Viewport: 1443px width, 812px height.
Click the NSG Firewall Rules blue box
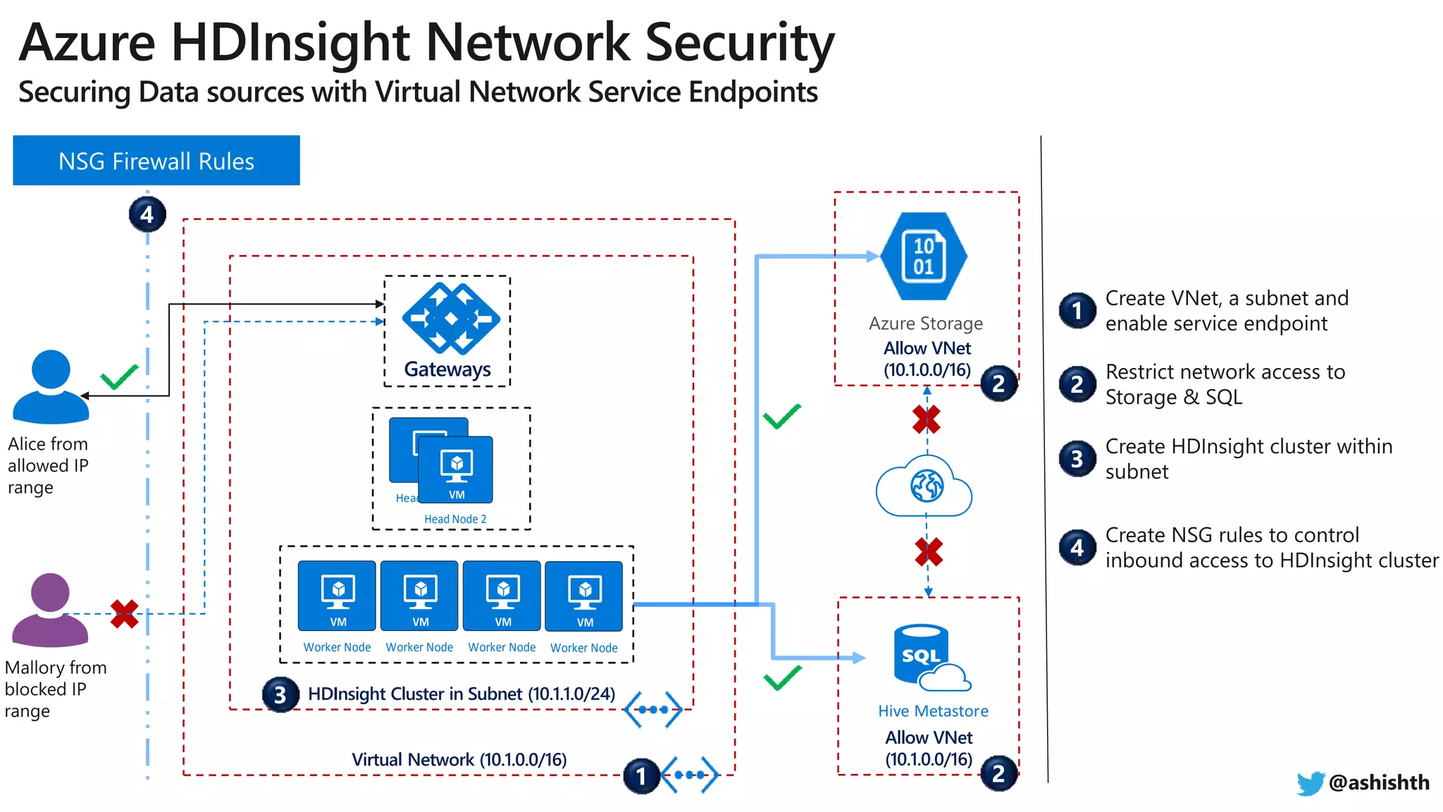156,161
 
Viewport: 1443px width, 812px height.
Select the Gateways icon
451,319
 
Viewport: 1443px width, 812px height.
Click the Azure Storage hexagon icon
924,257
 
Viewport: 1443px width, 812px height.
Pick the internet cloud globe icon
924,486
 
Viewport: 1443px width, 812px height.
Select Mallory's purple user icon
50,610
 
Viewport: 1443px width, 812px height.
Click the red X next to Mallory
125,614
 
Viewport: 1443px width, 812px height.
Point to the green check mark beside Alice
119,377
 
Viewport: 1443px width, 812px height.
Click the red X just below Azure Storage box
926,419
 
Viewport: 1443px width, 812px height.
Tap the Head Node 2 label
455,519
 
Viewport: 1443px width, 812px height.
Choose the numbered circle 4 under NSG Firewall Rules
147,214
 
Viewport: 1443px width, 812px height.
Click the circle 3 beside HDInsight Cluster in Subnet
280,695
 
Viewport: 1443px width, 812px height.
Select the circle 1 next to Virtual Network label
640,776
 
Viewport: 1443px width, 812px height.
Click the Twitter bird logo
1310,783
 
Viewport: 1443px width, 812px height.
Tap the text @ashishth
1379,782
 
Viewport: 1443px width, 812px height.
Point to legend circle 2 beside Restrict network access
1077,384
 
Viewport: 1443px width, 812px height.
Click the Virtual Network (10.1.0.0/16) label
459,760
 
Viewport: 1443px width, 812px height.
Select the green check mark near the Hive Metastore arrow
782,678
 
